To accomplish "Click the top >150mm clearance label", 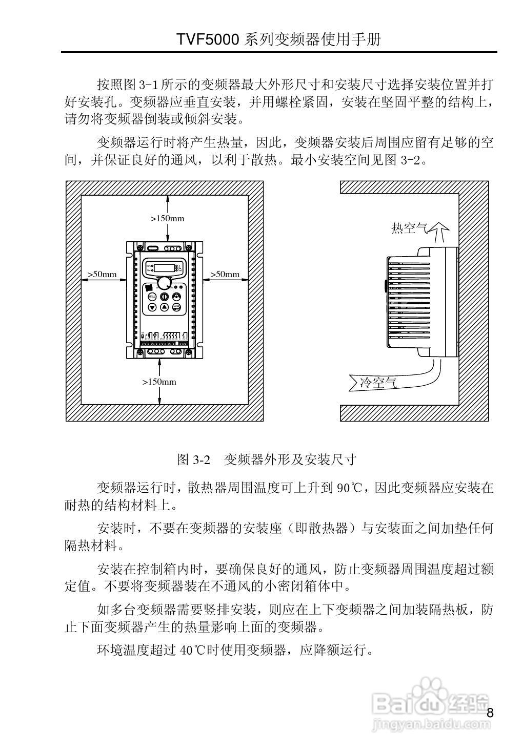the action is [x=167, y=218].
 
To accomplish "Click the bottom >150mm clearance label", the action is [x=159, y=382].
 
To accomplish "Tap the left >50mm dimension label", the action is [x=103, y=274].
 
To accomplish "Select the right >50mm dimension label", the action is [x=225, y=274].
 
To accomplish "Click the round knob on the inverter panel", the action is [x=165, y=283].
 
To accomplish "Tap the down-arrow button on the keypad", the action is [x=152, y=307].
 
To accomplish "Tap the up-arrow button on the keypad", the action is [x=164, y=307].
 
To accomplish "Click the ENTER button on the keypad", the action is [x=176, y=307].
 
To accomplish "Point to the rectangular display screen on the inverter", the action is [x=164, y=267].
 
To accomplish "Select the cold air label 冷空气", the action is [x=378, y=382].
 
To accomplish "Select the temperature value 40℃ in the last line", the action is [x=192, y=650].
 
